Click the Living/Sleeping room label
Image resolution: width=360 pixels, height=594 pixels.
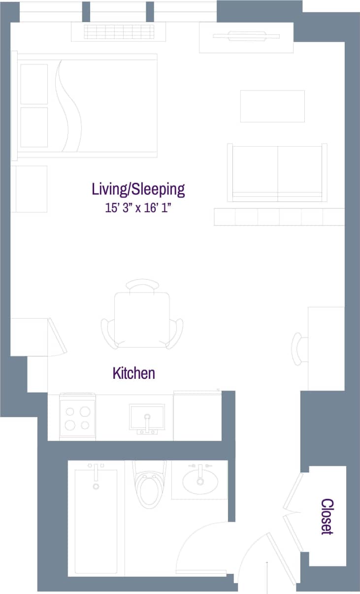point(138,189)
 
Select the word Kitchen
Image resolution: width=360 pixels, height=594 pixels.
point(133,373)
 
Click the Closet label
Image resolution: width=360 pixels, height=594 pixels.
point(327,516)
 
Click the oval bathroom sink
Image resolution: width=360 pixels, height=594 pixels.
point(200,481)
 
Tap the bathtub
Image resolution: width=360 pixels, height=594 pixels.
point(96,522)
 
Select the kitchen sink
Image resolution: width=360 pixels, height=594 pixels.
point(147,417)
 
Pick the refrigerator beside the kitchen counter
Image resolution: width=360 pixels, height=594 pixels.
point(197,416)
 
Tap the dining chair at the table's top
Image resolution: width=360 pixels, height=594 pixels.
point(142,285)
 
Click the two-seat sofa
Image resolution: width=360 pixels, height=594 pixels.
point(277,172)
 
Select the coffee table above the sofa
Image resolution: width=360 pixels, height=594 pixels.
point(272,106)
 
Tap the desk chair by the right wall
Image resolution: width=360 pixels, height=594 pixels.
point(298,349)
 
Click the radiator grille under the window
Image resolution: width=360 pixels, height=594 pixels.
point(118,32)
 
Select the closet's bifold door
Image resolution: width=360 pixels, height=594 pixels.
point(294,512)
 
